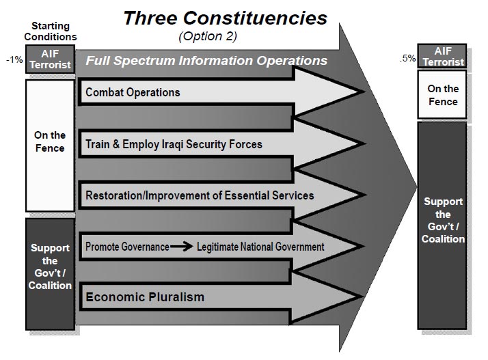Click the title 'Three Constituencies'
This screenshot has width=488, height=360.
[225, 18]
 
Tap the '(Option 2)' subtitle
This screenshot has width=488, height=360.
[208, 36]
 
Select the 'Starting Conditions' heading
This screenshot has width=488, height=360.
[51, 31]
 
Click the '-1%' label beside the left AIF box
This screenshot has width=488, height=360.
[14, 59]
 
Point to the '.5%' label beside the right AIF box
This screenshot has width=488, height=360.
[408, 58]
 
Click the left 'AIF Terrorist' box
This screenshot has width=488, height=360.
[50, 59]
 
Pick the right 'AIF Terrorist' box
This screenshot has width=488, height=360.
[442, 56]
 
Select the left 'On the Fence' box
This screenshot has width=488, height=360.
[50, 146]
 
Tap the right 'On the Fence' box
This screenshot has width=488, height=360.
[442, 94]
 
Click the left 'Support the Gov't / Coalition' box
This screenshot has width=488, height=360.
[50, 274]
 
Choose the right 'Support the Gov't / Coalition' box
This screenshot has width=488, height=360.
[442, 225]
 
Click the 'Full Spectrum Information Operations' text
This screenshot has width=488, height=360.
[206, 60]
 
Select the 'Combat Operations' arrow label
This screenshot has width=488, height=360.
[133, 92]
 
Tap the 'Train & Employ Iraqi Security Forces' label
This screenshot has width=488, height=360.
[174, 144]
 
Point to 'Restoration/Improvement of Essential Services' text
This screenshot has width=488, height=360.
[200, 195]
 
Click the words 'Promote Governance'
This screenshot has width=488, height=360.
[127, 247]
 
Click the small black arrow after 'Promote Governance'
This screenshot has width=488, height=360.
[181, 247]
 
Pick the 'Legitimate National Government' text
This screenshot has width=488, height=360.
[260, 247]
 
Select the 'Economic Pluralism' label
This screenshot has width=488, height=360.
[145, 297]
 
